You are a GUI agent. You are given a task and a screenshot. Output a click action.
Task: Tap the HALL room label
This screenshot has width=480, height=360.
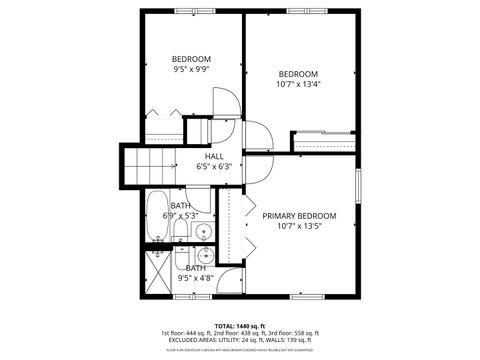click(215, 156)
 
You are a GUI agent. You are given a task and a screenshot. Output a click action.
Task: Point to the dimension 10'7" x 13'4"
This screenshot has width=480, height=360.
click(298, 85)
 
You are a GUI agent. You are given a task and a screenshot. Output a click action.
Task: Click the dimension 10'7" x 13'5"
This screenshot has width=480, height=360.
click(299, 227)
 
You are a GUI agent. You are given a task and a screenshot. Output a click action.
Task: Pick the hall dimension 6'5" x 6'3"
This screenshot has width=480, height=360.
click(214, 167)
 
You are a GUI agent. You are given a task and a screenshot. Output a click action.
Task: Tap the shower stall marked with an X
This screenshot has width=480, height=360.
click(158, 269)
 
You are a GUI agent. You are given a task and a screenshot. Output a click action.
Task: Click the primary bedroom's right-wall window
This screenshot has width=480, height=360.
click(358, 189)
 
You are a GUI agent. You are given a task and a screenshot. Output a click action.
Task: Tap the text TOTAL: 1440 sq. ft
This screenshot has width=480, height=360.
click(239, 325)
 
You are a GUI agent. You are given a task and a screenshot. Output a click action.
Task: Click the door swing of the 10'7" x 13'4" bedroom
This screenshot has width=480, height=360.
click(258, 137)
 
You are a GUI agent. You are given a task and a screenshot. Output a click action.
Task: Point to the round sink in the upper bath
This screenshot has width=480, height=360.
click(203, 232)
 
